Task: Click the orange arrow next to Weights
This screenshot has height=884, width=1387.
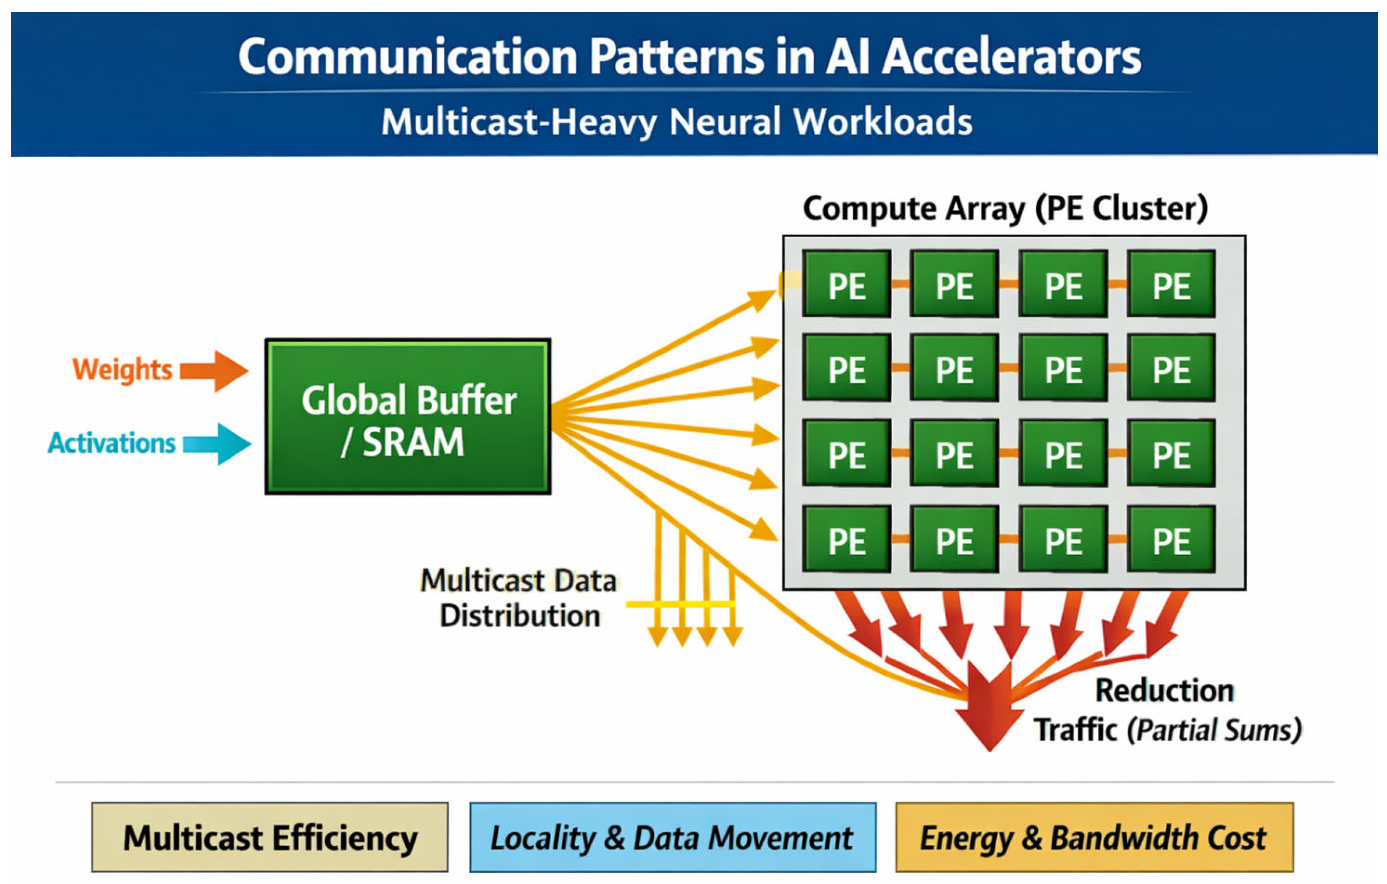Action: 214,370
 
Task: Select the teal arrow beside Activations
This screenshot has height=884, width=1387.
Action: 217,444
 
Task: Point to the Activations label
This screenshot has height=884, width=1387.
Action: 112,443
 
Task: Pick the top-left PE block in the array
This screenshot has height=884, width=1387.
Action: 847,284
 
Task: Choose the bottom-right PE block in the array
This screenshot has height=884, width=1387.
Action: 1171,539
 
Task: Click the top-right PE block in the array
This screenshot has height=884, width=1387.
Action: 1171,284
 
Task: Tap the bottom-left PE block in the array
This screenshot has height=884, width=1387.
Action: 847,539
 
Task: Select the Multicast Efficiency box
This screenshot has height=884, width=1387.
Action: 270,837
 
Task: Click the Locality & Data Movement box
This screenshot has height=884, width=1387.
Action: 672,837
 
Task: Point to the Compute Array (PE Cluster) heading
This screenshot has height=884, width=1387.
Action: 1005,209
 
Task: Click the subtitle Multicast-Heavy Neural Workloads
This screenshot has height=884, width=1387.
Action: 677,122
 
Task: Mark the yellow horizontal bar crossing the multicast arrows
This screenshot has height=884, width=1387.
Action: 680,604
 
